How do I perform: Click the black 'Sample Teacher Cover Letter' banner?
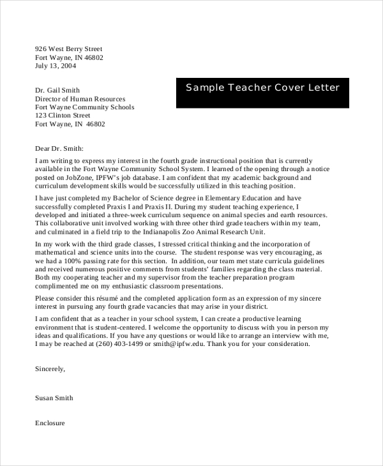(x=262, y=92)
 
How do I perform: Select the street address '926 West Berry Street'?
(x=68, y=49)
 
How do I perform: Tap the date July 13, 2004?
(x=56, y=66)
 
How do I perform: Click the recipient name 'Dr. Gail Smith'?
(x=57, y=91)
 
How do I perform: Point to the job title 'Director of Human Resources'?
(x=80, y=99)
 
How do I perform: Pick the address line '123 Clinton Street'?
(x=63, y=116)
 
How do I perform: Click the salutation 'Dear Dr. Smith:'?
(x=59, y=147)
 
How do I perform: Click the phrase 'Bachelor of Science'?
(x=144, y=199)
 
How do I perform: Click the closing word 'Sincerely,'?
(x=50, y=369)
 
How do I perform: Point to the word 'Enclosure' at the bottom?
(x=50, y=423)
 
